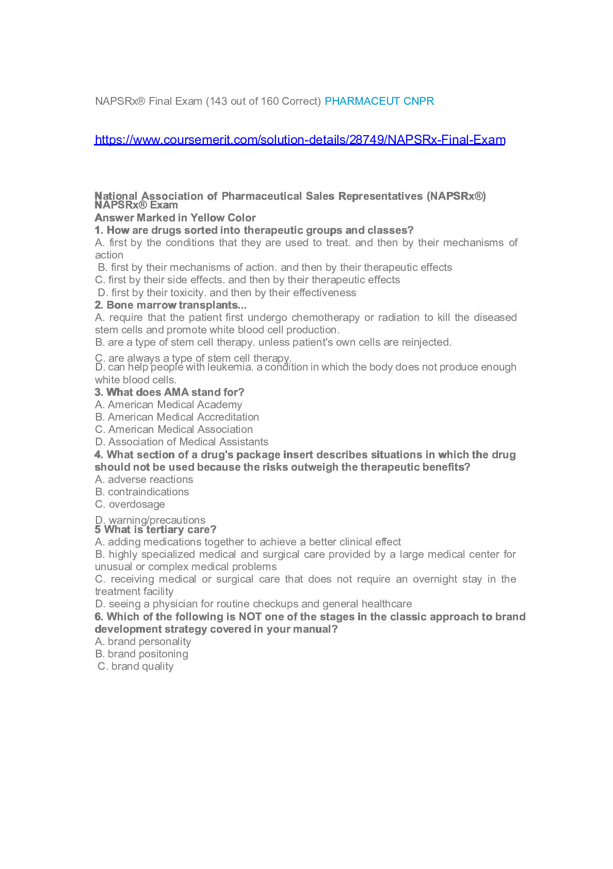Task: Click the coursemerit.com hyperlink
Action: [x=300, y=140]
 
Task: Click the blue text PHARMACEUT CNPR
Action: [x=379, y=101]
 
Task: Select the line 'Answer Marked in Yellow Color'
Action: [x=175, y=218]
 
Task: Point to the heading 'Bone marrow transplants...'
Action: [x=171, y=305]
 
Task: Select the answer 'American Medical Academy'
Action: [x=174, y=405]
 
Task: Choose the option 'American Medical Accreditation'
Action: [x=183, y=417]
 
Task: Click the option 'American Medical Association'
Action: [x=180, y=429]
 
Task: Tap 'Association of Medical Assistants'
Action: [x=188, y=442]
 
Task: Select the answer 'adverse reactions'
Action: [x=150, y=479]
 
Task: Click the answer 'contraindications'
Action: [x=148, y=492]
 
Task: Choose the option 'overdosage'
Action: [x=137, y=504]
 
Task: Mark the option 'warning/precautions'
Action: [x=157, y=520]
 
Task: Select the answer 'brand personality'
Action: [x=149, y=641]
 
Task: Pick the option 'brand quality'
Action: [x=142, y=666]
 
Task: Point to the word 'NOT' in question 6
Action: [x=250, y=617]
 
